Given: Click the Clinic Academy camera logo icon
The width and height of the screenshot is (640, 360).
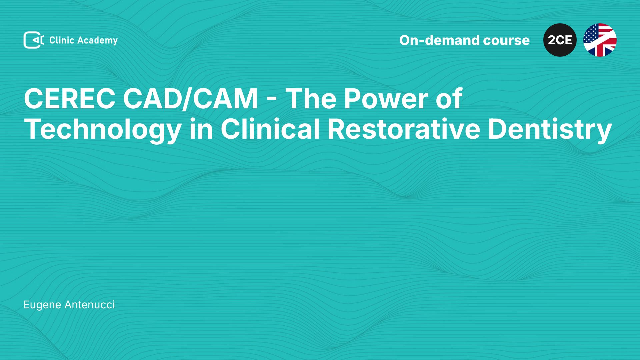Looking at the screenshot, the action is click(34, 40).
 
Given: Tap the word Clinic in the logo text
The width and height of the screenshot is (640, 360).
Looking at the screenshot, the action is click(62, 40).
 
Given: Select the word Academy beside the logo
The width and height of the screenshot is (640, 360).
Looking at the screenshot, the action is click(98, 41).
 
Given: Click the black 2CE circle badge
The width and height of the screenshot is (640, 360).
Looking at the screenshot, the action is click(560, 40).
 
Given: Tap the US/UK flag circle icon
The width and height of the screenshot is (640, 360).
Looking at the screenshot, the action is click(600, 40).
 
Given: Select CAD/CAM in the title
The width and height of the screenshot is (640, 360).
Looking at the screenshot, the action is click(191, 99).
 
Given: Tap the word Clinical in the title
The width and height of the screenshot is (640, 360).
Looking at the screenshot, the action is click(270, 129).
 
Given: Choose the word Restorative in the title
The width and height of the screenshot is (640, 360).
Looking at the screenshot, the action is click(404, 129).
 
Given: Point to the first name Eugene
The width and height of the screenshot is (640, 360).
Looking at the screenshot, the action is click(42, 305).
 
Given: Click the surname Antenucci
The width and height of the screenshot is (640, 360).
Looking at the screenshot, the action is click(90, 305).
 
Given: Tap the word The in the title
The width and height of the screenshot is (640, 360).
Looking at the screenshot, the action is click(311, 99).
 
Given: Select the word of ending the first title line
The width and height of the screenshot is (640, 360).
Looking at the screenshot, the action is click(449, 99).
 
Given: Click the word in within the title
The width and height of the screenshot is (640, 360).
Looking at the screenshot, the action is click(201, 129).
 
